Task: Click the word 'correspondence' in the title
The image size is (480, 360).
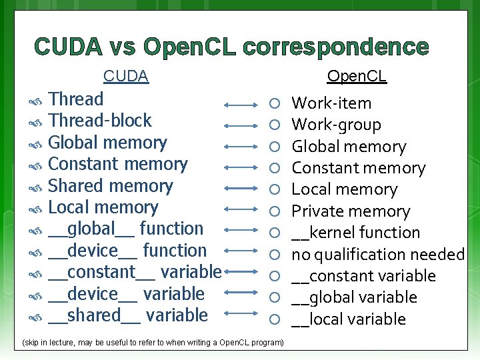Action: coord(336,47)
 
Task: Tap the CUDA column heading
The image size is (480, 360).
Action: coord(125,77)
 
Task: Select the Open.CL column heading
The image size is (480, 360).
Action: coord(357,77)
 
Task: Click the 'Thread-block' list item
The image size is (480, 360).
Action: coord(100,121)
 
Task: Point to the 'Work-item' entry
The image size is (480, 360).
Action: coord(332,103)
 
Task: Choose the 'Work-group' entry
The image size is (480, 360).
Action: coord(337,125)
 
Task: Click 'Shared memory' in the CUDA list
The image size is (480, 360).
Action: coord(111,185)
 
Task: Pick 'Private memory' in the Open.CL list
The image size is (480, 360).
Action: coord(351,211)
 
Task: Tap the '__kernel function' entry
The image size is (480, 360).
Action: coord(356,233)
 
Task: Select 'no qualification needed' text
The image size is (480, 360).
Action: coord(378,255)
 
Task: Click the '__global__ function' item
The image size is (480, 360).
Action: coord(126,229)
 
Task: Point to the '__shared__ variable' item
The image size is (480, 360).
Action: coord(128,315)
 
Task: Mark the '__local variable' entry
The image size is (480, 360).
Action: coord(349,319)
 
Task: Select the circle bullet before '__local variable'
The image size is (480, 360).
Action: coord(273,319)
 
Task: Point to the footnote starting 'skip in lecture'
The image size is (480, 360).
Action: coord(153,343)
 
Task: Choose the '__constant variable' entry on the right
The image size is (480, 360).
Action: coord(363,276)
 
